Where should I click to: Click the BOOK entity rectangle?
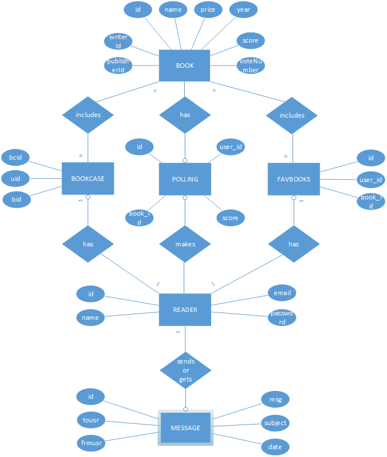tap(184, 66)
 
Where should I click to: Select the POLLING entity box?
tap(185, 179)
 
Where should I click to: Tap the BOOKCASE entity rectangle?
tap(88, 178)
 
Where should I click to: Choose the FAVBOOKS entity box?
tap(293, 179)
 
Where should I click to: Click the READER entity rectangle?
tap(185, 310)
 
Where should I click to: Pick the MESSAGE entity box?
tap(185, 427)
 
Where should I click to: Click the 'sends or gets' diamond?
tap(185, 370)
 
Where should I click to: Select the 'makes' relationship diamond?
tap(185, 244)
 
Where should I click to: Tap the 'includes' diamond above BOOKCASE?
tap(88, 115)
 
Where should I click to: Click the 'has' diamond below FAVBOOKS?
tap(293, 244)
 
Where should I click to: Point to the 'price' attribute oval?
tap(208, 10)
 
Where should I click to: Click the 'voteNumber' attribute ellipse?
tap(250, 66)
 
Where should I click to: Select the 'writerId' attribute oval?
tap(118, 41)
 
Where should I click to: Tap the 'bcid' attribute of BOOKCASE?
tap(16, 157)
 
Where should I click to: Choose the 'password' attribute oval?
tap(282, 318)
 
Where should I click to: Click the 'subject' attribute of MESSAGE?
tap(275, 423)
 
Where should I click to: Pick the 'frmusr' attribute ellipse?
tap(91, 443)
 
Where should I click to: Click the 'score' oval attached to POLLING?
tap(231, 218)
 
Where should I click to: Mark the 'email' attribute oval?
tap(282, 293)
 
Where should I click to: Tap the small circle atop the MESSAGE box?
tap(185, 409)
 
